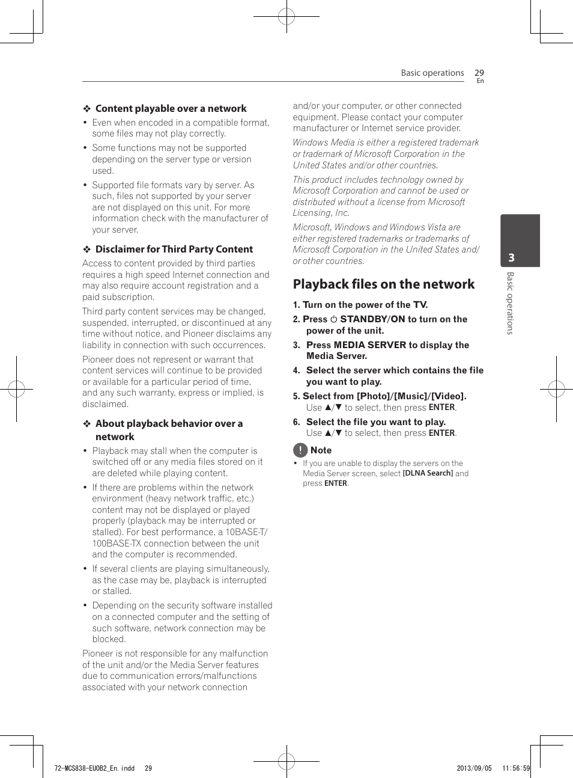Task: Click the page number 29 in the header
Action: pos(479,73)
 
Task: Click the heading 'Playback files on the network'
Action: pos(383,284)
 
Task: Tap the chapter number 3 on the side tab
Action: pos(511,258)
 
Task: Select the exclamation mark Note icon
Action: pos(300,450)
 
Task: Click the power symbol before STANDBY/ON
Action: pos(334,320)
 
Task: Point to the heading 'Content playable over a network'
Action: pos(171,109)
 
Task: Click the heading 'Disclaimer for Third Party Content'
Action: pos(174,250)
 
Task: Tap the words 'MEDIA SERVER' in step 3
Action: pos(370,345)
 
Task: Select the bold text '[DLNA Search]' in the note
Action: pos(428,474)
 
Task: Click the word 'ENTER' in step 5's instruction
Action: pos(441,408)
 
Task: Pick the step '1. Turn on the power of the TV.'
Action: pos(360,305)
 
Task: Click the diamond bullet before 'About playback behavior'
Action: pos(87,424)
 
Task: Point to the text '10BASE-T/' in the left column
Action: pos(246,532)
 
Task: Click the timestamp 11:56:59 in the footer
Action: pos(516,768)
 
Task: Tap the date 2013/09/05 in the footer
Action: pos(474,768)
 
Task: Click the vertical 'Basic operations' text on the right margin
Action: pos(510,303)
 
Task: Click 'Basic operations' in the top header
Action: pos(432,73)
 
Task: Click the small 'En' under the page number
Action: pos(480,81)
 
